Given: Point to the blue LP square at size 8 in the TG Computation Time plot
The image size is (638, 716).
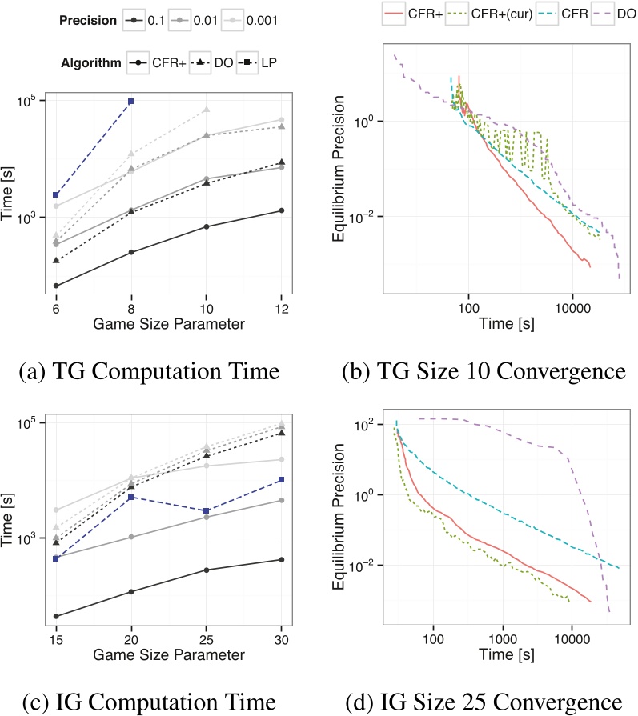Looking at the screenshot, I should pos(130,102).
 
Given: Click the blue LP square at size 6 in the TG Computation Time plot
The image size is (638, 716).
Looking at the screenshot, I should pos(55,195).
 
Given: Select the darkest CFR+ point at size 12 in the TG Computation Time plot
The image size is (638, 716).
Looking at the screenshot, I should pos(281,210).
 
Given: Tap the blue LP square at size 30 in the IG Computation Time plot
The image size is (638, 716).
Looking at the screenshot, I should pos(281,480).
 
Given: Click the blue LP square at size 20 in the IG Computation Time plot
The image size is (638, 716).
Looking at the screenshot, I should pos(130,497).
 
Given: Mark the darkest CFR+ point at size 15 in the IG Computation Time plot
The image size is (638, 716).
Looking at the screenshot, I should pos(55,616).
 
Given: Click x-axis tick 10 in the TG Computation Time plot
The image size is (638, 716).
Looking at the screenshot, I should pos(206,309).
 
